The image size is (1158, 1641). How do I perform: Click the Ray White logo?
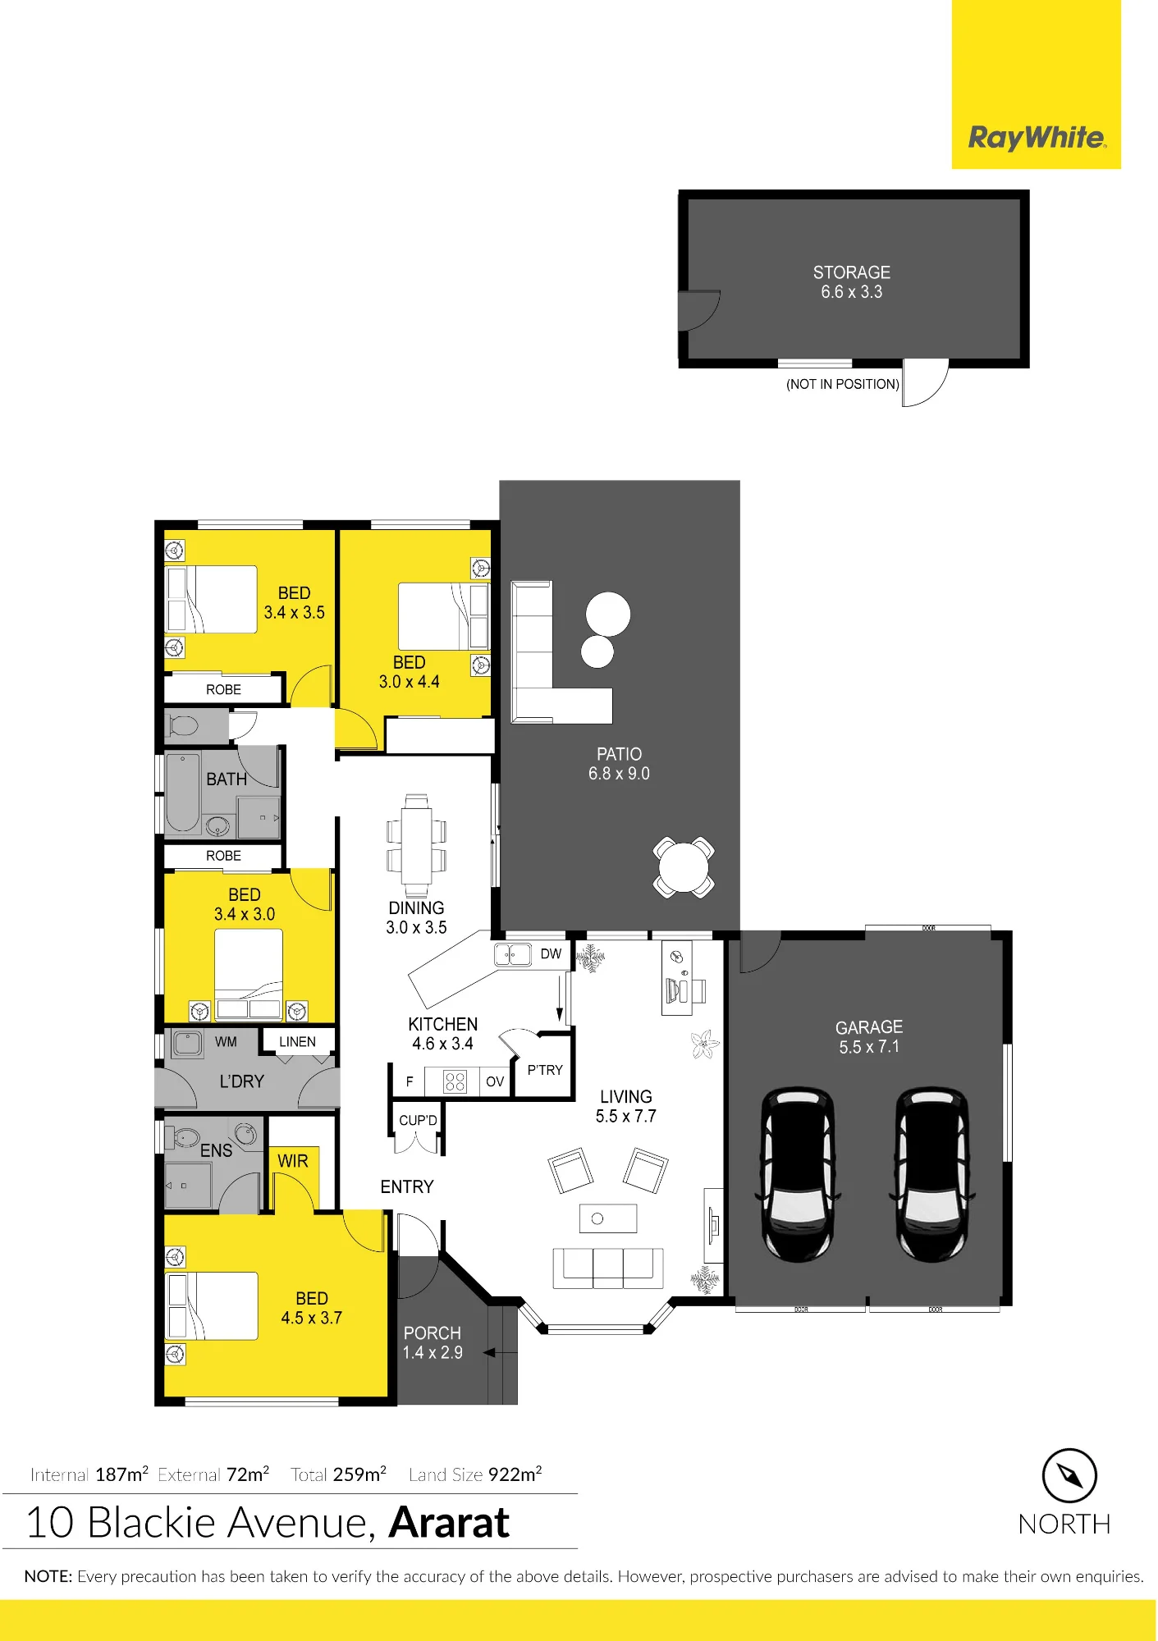[x=1037, y=138]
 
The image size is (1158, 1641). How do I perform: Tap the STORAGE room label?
[x=851, y=272]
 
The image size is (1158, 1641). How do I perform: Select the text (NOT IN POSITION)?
[x=842, y=384]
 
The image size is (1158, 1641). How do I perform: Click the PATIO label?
[x=619, y=754]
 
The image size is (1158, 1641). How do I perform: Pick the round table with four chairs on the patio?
[x=684, y=867]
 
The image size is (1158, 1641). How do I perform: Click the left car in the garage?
[x=798, y=1174]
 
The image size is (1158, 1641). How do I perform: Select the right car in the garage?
[x=932, y=1174]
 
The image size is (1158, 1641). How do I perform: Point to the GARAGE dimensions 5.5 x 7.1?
[x=869, y=1047]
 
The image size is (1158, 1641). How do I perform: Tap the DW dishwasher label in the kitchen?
[x=551, y=954]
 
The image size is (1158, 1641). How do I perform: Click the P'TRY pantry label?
[x=545, y=1070]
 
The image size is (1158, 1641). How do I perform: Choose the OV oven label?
[x=494, y=1081]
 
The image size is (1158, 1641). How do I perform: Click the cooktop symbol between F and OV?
[x=455, y=1081]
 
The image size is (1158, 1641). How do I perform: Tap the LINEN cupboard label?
[x=297, y=1042]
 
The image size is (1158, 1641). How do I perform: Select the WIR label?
[x=292, y=1161]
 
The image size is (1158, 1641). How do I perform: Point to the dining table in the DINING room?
[x=416, y=845]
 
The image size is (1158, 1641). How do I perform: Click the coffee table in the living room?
[x=607, y=1218]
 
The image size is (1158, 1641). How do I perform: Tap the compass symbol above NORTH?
[x=1069, y=1475]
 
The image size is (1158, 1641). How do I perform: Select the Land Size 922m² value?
[x=515, y=1474]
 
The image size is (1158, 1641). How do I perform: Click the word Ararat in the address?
[x=449, y=1523]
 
